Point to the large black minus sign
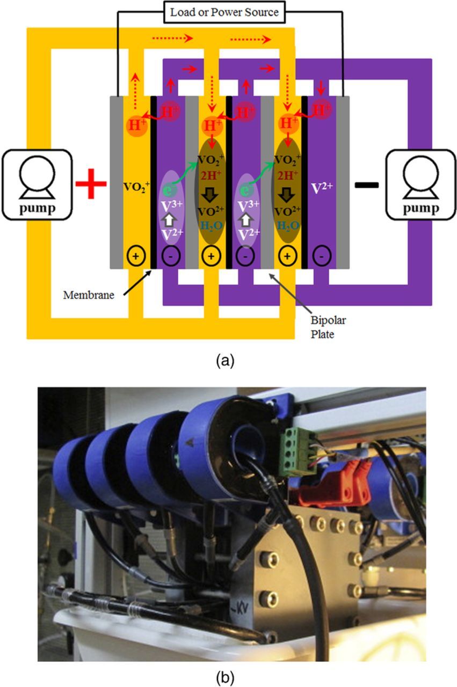[x=367, y=185]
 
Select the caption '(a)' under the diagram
[x=224, y=360]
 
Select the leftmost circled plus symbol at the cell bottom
[x=135, y=255]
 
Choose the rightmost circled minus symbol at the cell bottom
[x=320, y=256]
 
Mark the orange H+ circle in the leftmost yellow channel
[x=136, y=126]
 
